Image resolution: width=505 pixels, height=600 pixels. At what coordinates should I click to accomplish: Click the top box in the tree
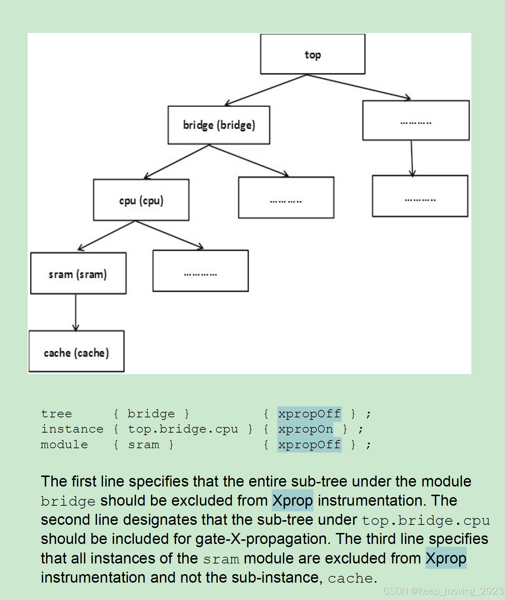point(312,54)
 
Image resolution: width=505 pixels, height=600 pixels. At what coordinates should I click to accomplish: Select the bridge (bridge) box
point(219,125)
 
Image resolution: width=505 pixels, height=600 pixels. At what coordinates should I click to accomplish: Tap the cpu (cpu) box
point(141,200)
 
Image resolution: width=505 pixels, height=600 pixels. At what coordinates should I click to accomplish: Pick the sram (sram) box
point(78,273)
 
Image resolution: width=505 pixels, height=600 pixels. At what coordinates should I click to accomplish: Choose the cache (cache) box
point(76,351)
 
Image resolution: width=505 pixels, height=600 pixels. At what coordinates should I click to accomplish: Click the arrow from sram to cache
point(76,312)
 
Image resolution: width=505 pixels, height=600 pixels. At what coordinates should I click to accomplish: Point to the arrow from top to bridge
point(266,90)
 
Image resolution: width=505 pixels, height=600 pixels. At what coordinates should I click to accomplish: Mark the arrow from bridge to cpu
point(177,162)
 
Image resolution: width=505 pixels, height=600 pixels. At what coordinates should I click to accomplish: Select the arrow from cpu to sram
point(106,236)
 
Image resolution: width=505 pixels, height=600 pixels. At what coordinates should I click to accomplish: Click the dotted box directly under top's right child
point(420,196)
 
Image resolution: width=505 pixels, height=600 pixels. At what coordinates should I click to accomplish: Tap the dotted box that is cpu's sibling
point(286,198)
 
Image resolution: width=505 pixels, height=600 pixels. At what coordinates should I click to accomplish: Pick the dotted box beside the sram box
point(200,271)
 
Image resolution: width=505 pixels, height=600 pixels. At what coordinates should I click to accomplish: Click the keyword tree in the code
point(56,414)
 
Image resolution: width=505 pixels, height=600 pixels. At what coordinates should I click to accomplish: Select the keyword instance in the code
point(72,429)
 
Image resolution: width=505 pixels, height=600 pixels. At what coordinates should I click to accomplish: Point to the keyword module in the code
point(64,445)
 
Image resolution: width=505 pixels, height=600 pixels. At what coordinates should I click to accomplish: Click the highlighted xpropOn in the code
point(305,429)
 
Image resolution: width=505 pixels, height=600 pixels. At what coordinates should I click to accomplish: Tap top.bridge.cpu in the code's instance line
point(183,429)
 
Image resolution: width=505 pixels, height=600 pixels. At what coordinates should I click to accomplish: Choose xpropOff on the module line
point(309,445)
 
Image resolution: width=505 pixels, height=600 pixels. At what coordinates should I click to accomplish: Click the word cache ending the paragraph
point(350,578)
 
